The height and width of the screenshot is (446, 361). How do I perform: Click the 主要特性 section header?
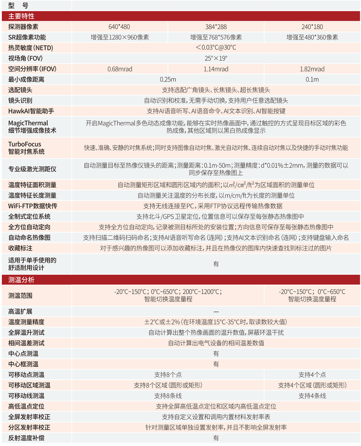click(21, 16)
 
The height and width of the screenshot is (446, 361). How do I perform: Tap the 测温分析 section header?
click(21, 280)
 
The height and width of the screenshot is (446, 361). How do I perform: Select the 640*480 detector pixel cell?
click(119, 27)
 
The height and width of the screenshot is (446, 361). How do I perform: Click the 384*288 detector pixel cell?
click(216, 27)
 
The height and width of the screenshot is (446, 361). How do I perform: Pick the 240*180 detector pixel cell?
click(312, 27)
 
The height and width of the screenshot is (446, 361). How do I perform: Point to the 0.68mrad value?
click(119, 69)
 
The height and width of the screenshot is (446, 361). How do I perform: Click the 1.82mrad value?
click(312, 69)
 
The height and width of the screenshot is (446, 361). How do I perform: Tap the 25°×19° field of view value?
click(216, 59)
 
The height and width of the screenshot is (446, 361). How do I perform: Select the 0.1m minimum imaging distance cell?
click(312, 79)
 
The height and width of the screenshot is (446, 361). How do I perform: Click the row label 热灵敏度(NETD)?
click(31, 48)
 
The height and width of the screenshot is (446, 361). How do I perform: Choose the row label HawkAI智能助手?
click(31, 111)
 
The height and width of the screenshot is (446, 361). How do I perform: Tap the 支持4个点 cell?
click(312, 375)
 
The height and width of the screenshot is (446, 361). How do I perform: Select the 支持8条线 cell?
click(168, 396)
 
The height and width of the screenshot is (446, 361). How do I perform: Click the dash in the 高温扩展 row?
click(216, 312)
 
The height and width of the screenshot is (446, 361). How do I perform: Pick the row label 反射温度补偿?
click(26, 438)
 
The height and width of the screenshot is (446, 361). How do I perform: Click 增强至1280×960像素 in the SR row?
click(119, 37)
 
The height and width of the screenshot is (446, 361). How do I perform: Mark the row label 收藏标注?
click(20, 248)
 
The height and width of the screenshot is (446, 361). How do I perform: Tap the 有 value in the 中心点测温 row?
click(216, 354)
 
